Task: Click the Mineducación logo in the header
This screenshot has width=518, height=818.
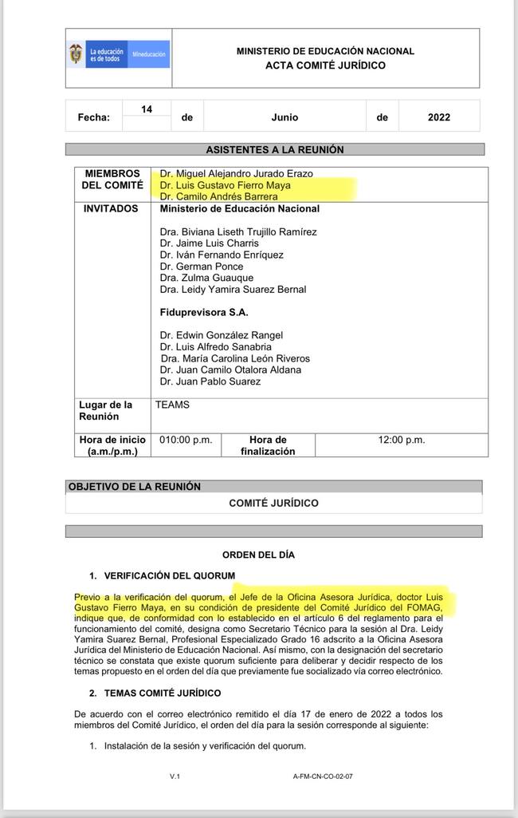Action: click(119, 54)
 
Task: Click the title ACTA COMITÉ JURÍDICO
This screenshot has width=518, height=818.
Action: click(325, 65)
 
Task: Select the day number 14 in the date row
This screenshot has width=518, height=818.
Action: click(147, 109)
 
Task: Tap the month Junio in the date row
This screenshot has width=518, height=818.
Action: click(285, 117)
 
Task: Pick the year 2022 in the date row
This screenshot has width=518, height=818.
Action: click(438, 117)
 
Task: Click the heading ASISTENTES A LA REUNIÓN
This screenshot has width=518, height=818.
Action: click(275, 150)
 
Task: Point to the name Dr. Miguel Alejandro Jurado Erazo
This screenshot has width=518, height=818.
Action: click(236, 173)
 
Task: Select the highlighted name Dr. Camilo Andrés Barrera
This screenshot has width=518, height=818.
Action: click(219, 196)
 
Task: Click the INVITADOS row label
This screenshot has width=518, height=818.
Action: click(111, 208)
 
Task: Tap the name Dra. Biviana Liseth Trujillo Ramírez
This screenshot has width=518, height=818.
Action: click(238, 232)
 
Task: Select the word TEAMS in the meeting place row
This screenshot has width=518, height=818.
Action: click(172, 405)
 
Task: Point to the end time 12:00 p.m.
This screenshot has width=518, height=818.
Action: click(402, 440)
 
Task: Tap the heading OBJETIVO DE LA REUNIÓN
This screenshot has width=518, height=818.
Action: click(135, 487)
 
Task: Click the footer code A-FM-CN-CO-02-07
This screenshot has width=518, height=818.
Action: click(323, 777)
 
